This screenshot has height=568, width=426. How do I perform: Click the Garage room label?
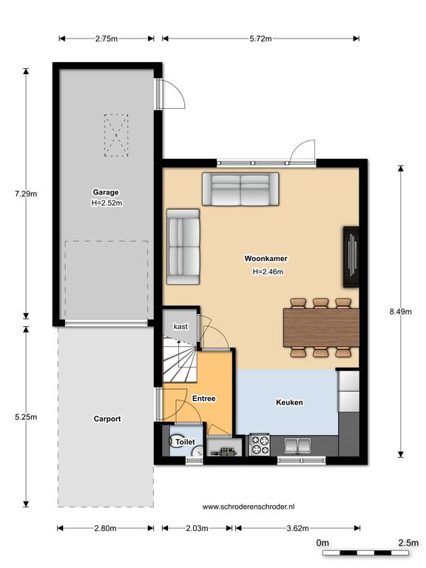(106, 192)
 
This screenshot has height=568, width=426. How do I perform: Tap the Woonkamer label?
(266, 259)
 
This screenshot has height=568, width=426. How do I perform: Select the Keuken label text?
(289, 402)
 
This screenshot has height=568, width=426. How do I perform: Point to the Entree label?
(204, 399)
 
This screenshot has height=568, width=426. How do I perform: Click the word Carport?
(107, 419)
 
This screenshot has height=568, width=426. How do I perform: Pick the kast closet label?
(180, 327)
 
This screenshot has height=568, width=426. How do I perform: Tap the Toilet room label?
(185, 442)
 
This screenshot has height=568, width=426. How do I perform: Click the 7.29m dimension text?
(26, 194)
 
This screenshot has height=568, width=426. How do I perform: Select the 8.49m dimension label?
(401, 311)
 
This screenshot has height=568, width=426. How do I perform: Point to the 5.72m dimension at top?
(260, 38)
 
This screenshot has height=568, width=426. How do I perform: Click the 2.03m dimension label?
(197, 528)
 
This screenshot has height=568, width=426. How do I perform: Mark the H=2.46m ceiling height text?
(268, 271)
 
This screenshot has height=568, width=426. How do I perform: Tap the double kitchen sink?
(297, 446)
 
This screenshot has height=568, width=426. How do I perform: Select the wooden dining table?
(321, 328)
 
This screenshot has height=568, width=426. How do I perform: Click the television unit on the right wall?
(351, 257)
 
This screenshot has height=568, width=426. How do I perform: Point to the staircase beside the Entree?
(180, 360)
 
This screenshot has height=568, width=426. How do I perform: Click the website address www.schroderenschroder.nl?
(248, 507)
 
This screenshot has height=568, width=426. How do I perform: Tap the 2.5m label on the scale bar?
(408, 543)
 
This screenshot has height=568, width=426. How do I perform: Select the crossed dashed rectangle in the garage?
(116, 135)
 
